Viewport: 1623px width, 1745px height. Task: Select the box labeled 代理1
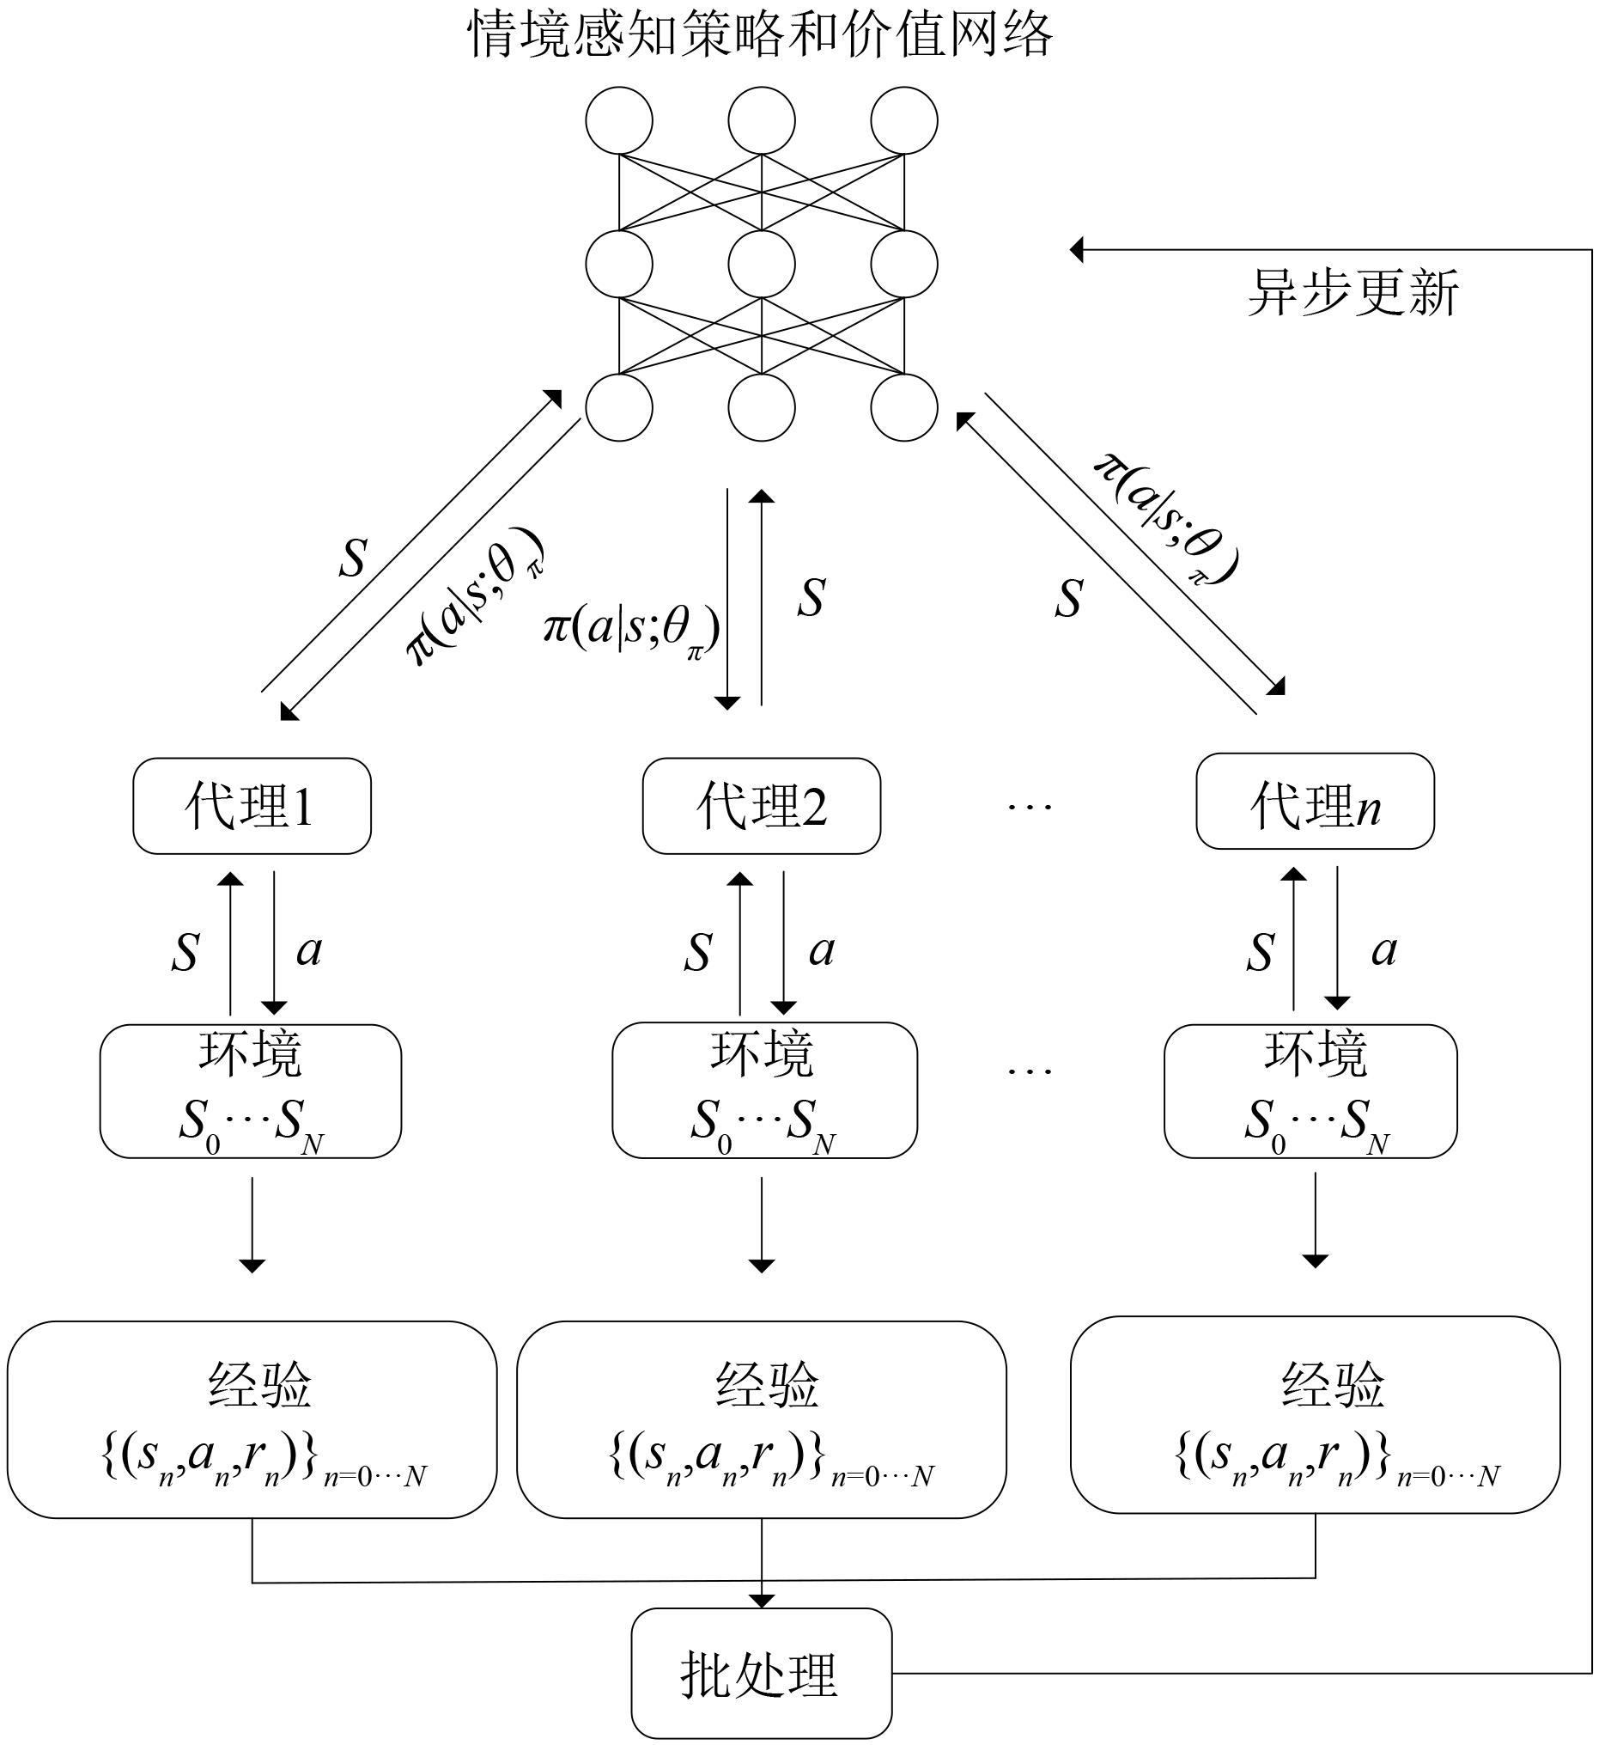(x=252, y=806)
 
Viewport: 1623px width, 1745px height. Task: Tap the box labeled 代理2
(x=761, y=806)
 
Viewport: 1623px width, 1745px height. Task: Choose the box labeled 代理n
(x=1314, y=802)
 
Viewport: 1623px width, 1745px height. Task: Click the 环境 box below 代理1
(x=250, y=1090)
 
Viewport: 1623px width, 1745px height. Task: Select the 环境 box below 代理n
(x=1310, y=1090)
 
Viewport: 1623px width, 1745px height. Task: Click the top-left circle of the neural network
(x=618, y=120)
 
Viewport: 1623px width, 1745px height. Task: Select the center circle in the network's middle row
(x=761, y=263)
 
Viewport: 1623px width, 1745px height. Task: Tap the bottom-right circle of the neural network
(x=903, y=407)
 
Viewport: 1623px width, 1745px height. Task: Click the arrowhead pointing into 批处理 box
(x=761, y=1599)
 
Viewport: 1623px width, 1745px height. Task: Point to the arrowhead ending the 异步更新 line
(x=1078, y=250)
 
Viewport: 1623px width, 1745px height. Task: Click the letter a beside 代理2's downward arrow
(x=821, y=949)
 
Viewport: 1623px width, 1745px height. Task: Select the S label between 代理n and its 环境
(x=1260, y=951)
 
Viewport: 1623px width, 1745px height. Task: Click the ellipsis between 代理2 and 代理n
(x=1029, y=806)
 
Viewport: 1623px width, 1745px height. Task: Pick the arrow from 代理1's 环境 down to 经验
(x=252, y=1224)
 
